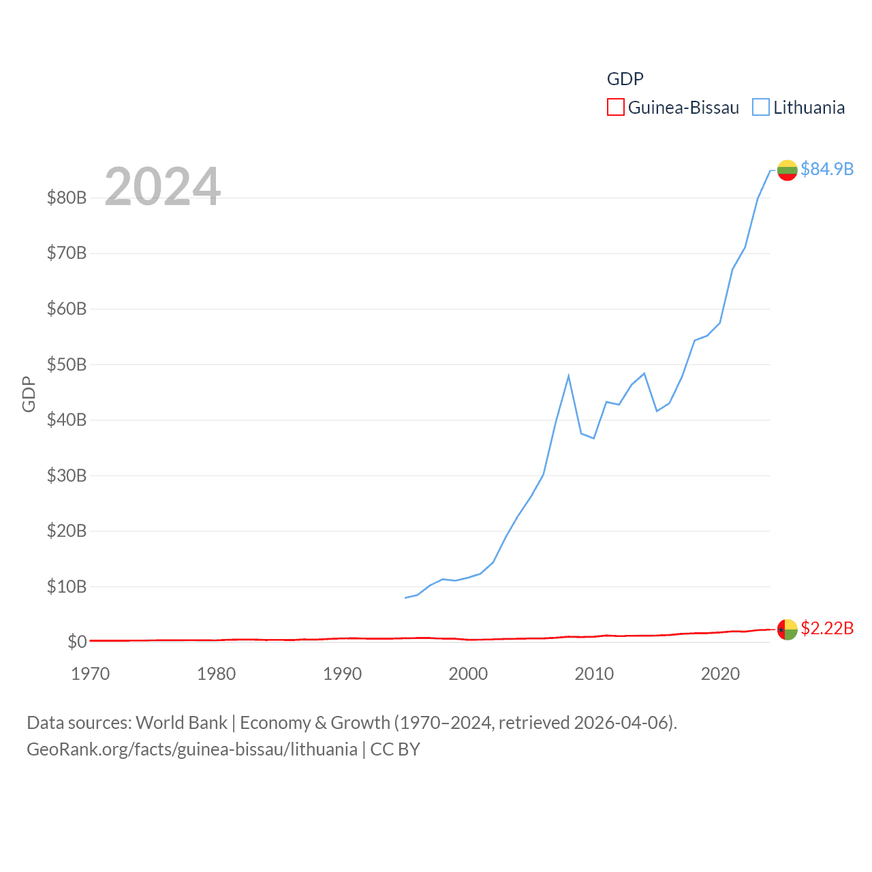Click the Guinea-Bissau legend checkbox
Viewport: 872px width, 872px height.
tap(615, 108)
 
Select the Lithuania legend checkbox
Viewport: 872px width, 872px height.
tap(761, 108)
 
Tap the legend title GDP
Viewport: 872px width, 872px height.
tap(625, 79)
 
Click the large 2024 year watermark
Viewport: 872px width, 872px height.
tap(162, 186)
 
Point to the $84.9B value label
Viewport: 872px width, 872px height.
tap(826, 169)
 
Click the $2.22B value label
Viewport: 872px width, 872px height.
tap(826, 628)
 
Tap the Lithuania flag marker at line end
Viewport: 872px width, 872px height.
tap(787, 170)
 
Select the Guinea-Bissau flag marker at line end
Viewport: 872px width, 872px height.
tap(787, 629)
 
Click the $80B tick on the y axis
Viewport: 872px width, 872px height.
tap(67, 198)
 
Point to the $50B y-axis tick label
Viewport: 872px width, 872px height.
tap(67, 364)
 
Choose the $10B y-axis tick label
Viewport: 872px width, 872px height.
tap(67, 587)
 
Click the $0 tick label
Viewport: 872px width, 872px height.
tap(77, 642)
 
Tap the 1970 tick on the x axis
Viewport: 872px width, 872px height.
tap(91, 674)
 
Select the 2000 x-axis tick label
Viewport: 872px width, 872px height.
tap(468, 674)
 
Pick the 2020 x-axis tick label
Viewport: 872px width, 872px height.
tap(720, 674)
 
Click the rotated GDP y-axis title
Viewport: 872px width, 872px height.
tap(29, 394)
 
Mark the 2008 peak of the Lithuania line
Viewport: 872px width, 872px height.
tap(568, 376)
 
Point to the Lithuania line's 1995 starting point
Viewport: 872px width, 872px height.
tap(405, 597)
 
